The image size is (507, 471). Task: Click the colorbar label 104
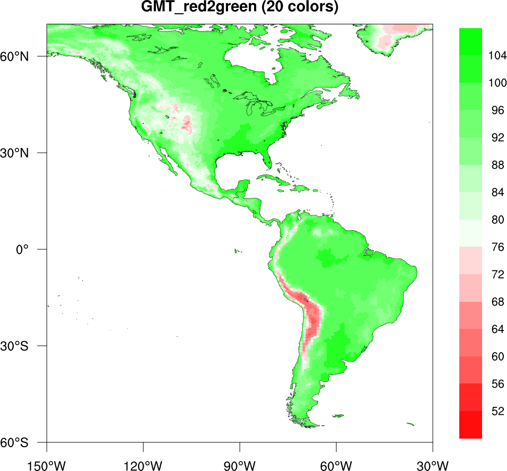pos(497,56)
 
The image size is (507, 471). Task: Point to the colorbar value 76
pos(497,247)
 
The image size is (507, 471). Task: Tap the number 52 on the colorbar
pos(497,411)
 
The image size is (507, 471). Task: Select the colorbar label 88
pos(497,165)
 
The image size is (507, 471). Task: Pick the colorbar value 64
pos(497,329)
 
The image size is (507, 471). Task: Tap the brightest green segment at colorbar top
pos(470,41)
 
